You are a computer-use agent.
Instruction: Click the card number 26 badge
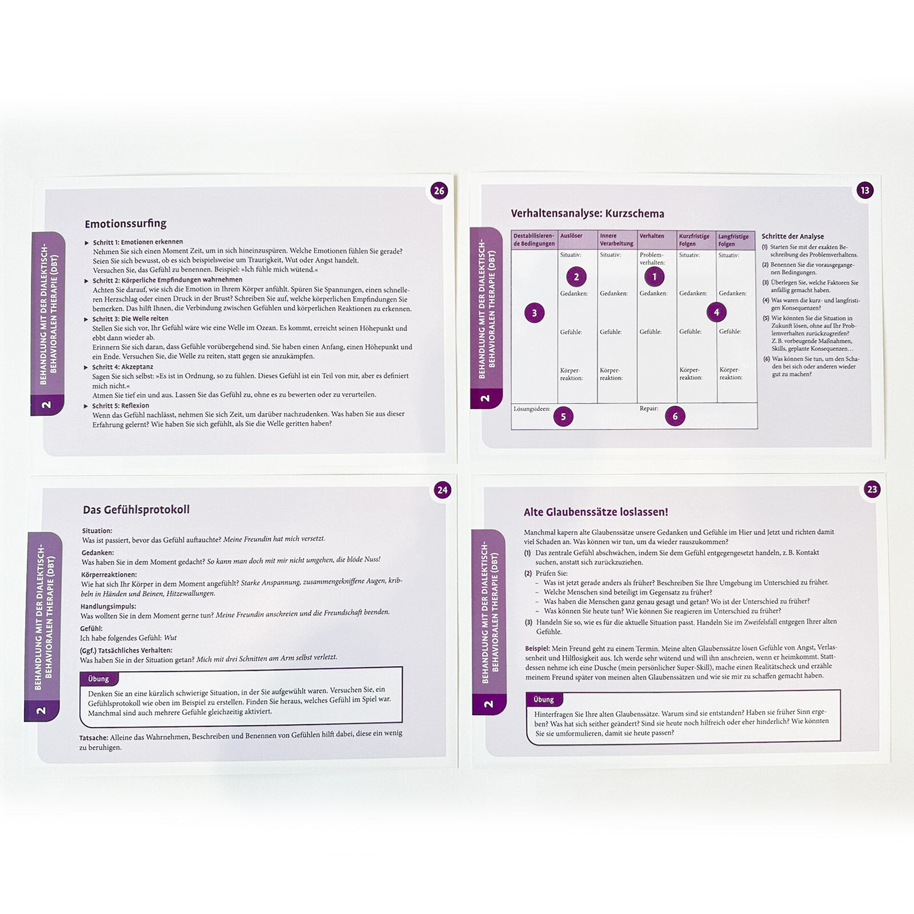tap(439, 191)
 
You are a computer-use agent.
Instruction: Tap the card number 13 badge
tap(865, 190)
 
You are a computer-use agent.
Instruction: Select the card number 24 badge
tap(442, 490)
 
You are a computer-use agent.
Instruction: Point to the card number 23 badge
tap(872, 490)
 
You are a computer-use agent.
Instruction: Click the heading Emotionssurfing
tap(126, 223)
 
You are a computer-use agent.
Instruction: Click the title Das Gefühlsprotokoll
tap(136, 510)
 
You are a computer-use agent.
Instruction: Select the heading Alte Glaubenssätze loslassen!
tap(596, 512)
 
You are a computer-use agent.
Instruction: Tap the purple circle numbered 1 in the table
tap(655, 277)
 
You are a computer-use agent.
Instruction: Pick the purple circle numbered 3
tap(535, 312)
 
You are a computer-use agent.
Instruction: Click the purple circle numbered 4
tap(716, 312)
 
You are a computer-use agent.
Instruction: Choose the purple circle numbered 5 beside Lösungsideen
tap(563, 416)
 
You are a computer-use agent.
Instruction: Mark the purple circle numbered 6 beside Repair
tap(675, 416)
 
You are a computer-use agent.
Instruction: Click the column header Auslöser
tap(571, 236)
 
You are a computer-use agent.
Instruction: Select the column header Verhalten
tap(652, 236)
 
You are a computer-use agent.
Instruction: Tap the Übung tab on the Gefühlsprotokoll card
tap(99, 679)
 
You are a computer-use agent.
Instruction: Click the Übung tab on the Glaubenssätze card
tap(544, 699)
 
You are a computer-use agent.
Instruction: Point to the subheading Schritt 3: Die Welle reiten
tap(130, 319)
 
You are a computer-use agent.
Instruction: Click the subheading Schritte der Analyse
tap(793, 236)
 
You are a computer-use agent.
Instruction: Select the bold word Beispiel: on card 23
tap(538, 648)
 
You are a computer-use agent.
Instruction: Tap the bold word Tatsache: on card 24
tap(93, 738)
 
